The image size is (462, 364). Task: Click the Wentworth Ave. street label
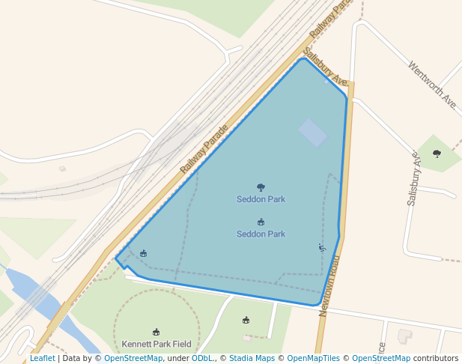[433, 83]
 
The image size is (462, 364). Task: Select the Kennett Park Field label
[156, 345]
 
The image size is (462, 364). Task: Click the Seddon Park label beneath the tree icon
[261, 199]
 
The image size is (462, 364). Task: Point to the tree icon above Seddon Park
[261, 188]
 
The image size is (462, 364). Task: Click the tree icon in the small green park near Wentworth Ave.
[437, 154]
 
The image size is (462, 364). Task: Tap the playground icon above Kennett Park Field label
[156, 333]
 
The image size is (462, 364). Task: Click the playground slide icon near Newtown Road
[323, 248]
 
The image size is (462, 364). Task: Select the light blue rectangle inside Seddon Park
[312, 133]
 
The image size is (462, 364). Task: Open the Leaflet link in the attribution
[42, 359]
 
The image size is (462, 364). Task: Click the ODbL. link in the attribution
[202, 359]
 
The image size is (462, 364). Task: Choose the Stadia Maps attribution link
[252, 359]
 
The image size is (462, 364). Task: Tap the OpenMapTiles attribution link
[313, 359]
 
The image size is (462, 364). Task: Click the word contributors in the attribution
[435, 359]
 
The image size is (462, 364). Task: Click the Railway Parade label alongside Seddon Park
[203, 149]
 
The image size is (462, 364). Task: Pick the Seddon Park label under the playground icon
[261, 234]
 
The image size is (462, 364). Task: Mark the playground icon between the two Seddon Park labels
[261, 222]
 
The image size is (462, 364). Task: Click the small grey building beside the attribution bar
[404, 336]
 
